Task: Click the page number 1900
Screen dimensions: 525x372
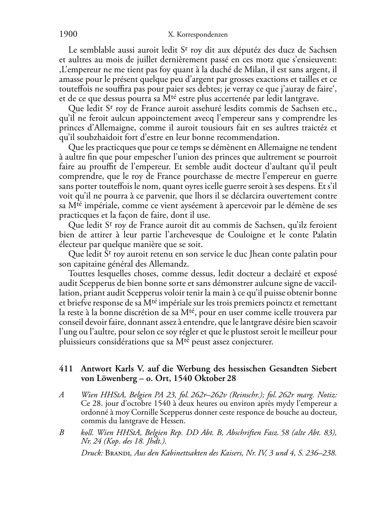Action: point(68,34)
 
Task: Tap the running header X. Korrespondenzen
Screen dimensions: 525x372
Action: point(197,35)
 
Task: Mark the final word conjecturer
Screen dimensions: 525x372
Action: point(252,342)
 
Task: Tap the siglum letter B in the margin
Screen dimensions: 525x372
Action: point(62,433)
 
